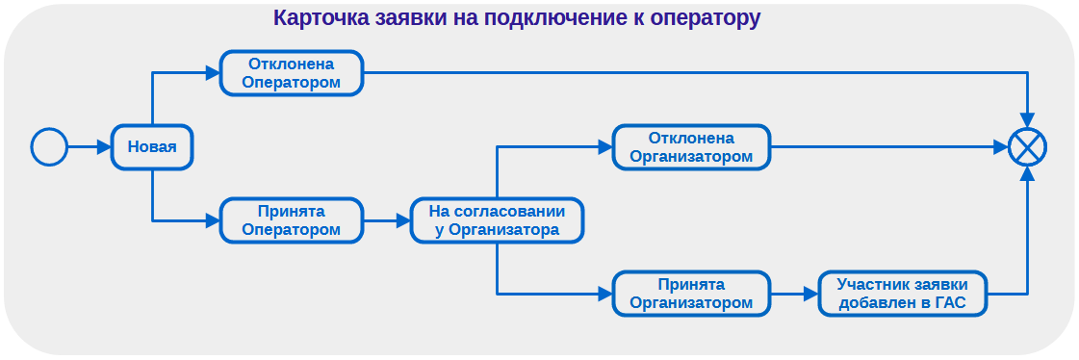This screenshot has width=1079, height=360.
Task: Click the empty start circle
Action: [49, 147]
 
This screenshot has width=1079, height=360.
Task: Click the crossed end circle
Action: [1027, 148]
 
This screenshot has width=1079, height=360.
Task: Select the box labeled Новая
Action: [152, 147]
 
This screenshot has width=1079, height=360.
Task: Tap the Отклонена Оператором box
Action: [292, 73]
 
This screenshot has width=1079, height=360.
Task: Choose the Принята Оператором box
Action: [292, 220]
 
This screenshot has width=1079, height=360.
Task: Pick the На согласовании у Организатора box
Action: [497, 220]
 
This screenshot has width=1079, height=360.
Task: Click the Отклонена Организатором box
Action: [691, 147]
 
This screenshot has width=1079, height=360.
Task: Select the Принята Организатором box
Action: [691, 294]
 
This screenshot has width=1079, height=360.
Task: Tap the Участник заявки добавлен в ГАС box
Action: [902, 294]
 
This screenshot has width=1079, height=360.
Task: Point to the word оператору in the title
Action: [705, 18]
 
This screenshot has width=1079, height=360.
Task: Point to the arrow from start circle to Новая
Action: [90, 147]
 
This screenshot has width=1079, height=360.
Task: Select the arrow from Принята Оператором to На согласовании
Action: [387, 220]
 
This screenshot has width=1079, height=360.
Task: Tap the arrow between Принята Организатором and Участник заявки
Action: [794, 294]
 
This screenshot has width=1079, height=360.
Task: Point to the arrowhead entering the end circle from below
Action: [1027, 174]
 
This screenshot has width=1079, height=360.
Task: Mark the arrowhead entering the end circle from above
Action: [1027, 122]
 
